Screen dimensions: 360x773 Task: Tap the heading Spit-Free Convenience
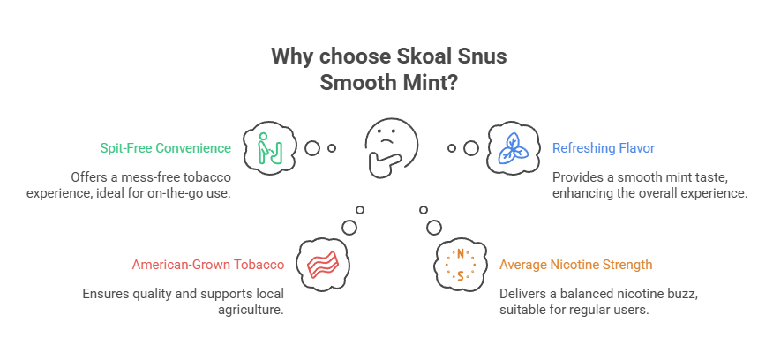[166, 148]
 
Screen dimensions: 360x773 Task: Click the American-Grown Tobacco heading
[207, 264]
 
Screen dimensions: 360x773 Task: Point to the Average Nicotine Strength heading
[575, 264]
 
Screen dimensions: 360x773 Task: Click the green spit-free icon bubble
[267, 147]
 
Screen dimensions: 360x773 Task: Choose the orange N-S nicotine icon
[460, 264]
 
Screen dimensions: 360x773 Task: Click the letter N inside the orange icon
[460, 254]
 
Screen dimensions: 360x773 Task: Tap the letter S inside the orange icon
[460, 275]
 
